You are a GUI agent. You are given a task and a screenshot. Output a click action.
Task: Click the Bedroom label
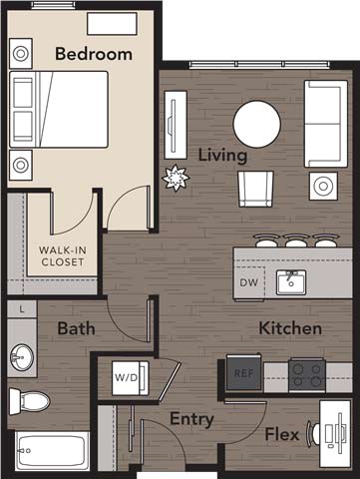tap(93, 54)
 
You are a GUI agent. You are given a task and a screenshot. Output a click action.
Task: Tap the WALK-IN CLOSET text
tap(62, 256)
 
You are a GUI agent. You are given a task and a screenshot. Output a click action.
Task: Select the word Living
tap(221, 156)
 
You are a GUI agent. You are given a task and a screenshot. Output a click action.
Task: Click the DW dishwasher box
tap(249, 282)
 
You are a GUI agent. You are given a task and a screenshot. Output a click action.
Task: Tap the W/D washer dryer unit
tap(127, 378)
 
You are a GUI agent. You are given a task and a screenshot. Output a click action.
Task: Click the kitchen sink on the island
tap(290, 282)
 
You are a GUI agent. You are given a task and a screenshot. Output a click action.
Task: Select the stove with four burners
tap(306, 373)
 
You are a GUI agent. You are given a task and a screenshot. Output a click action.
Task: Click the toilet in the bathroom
tap(29, 401)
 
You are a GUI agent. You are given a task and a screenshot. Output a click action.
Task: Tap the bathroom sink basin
tap(22, 355)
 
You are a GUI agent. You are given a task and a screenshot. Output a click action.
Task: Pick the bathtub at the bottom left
tap(52, 451)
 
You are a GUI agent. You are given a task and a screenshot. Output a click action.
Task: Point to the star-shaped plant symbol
tap(176, 178)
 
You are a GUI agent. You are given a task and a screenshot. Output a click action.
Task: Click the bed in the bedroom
tap(60, 110)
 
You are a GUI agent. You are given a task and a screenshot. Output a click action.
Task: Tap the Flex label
tap(285, 434)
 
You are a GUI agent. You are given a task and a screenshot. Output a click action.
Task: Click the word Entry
tap(191, 420)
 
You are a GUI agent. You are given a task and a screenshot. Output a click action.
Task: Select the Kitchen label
tap(290, 328)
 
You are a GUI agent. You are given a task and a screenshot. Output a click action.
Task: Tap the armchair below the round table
tap(255, 187)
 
